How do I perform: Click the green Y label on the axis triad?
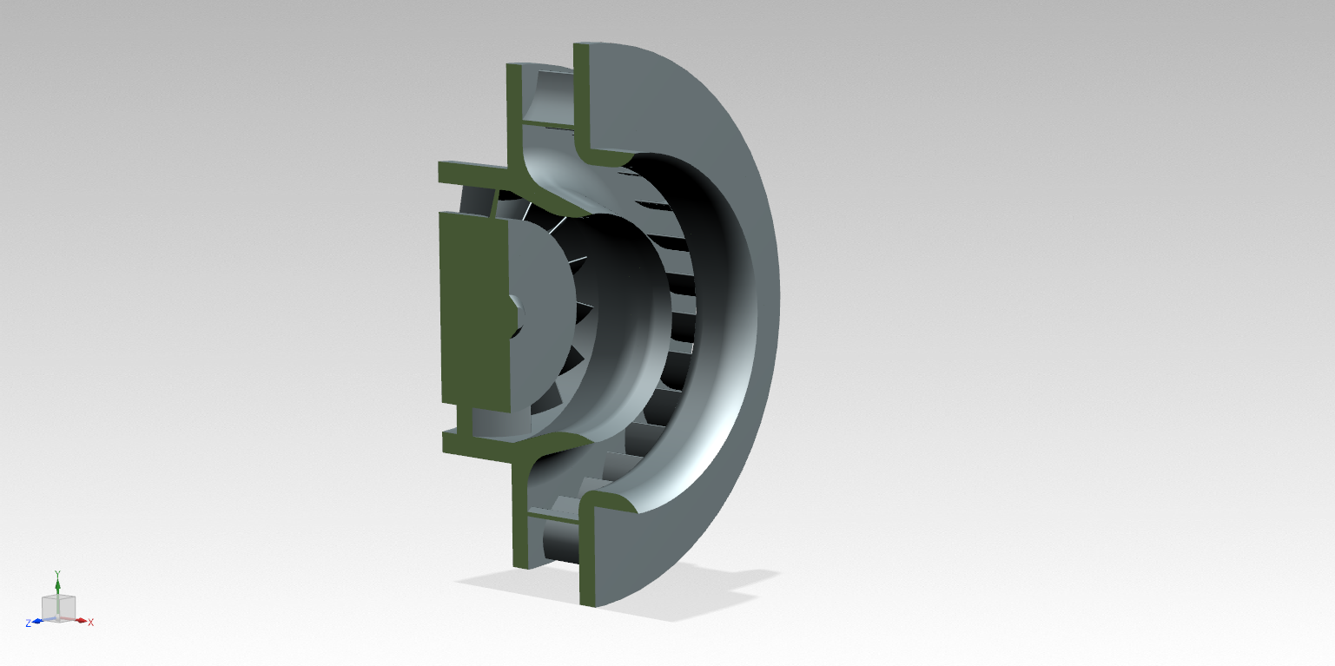click(58, 574)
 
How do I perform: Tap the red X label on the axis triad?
click(90, 623)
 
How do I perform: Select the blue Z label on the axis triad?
click(28, 623)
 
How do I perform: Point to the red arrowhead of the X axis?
click(81, 621)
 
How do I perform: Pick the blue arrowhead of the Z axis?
click(37, 622)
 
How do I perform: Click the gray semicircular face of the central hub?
click(539, 313)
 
